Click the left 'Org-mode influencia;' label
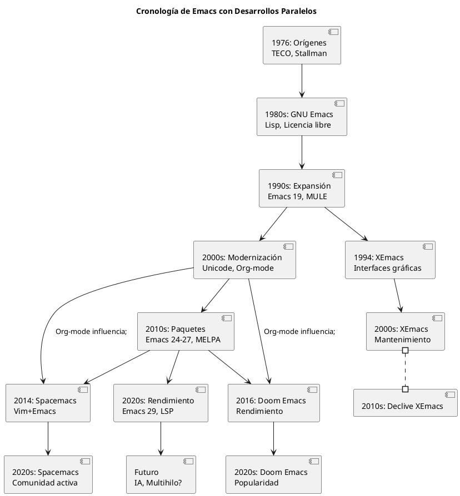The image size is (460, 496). [91, 332]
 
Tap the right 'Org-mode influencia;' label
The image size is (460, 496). [299, 332]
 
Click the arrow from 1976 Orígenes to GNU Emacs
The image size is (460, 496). [302, 81]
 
